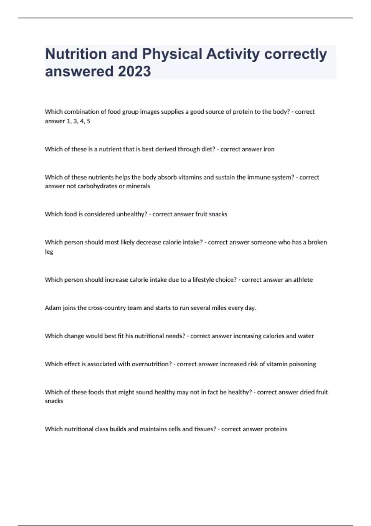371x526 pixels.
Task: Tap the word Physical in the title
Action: click(172, 54)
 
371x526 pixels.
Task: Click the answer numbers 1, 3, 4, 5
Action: click(79, 121)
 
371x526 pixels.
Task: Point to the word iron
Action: click(269, 149)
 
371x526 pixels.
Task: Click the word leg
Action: click(49, 252)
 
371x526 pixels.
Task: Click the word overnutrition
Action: click(151, 364)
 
